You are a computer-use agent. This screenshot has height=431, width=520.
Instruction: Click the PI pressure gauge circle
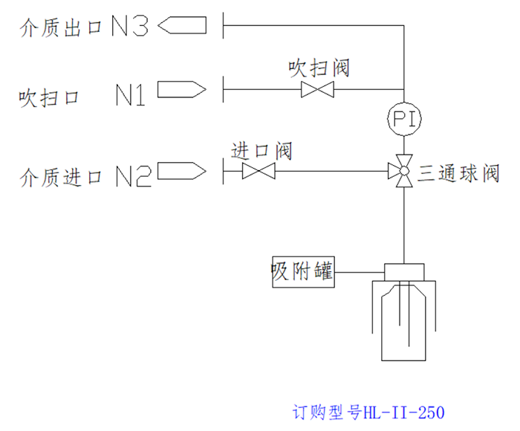click(403, 118)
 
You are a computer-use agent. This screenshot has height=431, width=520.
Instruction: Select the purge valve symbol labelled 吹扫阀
click(317, 91)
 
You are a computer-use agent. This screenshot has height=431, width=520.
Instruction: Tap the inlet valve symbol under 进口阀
click(259, 172)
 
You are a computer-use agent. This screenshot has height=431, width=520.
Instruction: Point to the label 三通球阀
click(458, 175)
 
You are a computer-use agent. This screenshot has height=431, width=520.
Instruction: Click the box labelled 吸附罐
click(302, 273)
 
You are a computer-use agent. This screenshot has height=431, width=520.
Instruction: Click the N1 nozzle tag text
click(131, 94)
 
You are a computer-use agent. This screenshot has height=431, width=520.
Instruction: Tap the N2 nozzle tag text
click(134, 176)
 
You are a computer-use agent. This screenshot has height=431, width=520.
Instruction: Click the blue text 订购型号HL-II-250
click(368, 411)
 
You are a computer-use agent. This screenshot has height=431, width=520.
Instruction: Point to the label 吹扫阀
click(319, 69)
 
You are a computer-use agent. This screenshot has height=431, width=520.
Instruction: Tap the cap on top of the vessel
click(403, 272)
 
